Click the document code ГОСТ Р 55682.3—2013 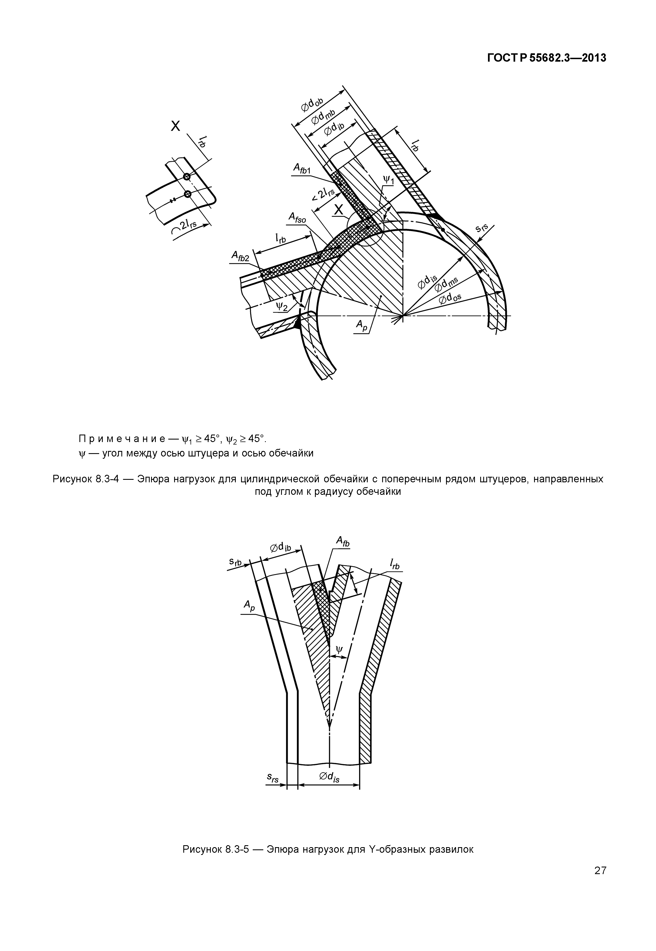[546, 58]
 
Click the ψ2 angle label [282, 305]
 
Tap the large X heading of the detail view [176, 126]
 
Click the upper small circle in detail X [187, 176]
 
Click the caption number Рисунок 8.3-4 [85, 479]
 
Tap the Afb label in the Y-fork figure [343, 543]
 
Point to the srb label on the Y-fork [236, 563]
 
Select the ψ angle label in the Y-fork [339, 649]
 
